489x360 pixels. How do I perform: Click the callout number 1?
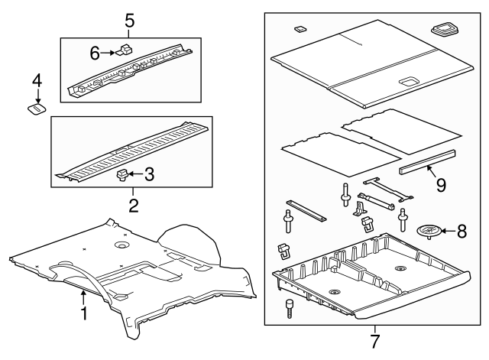click(83, 313)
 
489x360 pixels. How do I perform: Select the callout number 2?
click(134, 206)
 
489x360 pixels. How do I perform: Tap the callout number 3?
click(150, 174)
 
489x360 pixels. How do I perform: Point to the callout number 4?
click(37, 81)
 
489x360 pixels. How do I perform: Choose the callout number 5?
click(130, 21)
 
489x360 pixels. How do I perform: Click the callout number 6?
click(95, 53)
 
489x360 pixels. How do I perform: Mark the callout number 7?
click(375, 342)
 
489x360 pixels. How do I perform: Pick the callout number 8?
click(461, 231)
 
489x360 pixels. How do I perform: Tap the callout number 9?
click(441, 185)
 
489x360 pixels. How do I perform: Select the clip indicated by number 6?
click(125, 50)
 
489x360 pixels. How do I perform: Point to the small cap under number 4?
click(36, 109)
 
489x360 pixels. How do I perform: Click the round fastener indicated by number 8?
click(429, 231)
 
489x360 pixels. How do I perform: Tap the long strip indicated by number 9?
click(427, 162)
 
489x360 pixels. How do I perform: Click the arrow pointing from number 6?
click(108, 53)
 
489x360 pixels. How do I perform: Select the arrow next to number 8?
click(449, 231)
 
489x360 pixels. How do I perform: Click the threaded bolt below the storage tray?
click(289, 308)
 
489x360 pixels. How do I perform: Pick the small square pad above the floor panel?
click(300, 29)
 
